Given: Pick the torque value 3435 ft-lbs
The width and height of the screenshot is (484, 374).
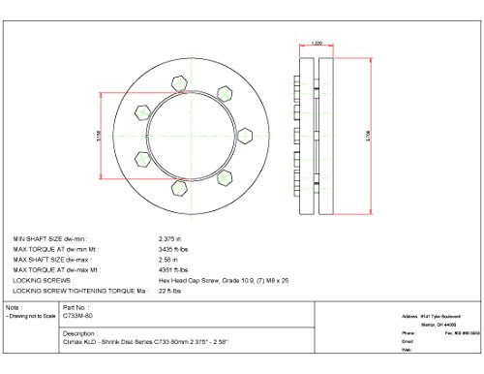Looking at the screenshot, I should (x=173, y=248).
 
